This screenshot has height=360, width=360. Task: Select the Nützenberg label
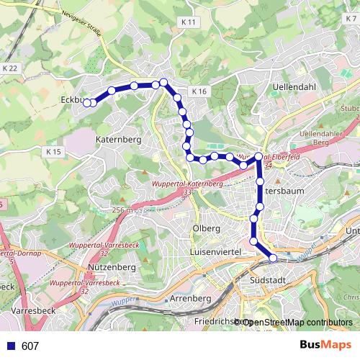pyautogui.click(x=111, y=267)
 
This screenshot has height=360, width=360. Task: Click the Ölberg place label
pyautogui.click(x=206, y=229)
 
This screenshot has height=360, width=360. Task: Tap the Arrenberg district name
pyautogui.click(x=191, y=297)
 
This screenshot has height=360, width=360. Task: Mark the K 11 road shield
pyautogui.click(x=189, y=22)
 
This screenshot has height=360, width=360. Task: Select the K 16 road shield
pyautogui.click(x=199, y=91)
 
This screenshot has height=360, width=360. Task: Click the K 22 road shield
pyautogui.click(x=9, y=67)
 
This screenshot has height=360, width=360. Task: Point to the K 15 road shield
pyautogui.click(x=54, y=152)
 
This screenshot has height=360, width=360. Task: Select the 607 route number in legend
pyautogui.click(x=30, y=346)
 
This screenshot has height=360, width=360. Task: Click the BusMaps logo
pyautogui.click(x=325, y=345)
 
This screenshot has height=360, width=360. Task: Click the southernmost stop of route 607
pyautogui.click(x=273, y=258)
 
